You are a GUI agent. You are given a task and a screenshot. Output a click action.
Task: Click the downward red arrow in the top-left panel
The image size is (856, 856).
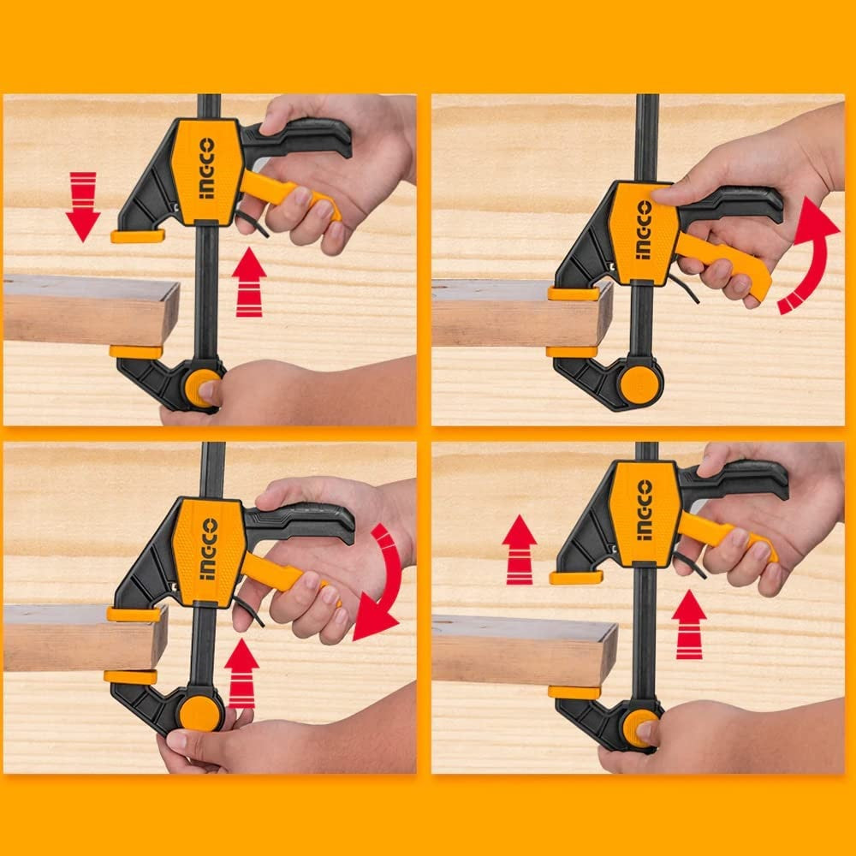[83, 206]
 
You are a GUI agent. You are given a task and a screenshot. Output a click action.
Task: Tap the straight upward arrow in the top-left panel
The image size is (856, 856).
[249, 282]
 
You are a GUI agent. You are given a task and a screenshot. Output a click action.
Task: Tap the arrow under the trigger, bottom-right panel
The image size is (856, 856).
[689, 624]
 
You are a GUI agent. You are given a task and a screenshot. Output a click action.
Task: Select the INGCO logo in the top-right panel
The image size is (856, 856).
[644, 230]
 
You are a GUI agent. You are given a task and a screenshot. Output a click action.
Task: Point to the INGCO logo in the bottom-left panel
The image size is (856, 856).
[208, 549]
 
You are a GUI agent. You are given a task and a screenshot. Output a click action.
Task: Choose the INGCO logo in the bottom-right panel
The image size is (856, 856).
[644, 510]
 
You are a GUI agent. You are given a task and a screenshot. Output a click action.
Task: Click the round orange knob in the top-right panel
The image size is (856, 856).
[639, 385]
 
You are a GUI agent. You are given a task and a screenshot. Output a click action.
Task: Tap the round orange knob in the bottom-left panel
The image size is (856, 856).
[199, 713]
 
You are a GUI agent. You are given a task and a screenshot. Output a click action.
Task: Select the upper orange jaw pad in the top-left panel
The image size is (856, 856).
[137, 236]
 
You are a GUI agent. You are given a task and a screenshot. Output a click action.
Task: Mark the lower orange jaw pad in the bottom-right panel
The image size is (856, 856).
[574, 692]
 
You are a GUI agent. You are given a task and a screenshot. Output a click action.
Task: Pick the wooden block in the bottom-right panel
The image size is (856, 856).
[522, 651]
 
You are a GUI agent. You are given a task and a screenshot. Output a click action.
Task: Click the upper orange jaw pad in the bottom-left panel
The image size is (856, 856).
[134, 614]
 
